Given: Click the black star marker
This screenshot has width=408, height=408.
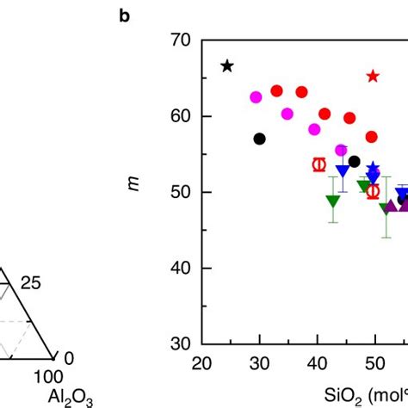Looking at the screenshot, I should tap(227, 66).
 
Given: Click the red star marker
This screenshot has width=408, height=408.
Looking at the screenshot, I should tap(373, 77).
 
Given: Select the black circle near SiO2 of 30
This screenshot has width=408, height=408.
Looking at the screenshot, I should tap(260, 139).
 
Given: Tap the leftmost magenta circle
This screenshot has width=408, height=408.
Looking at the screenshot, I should tap(256, 97).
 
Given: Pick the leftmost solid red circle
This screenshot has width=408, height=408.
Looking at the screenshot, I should tap(277, 90).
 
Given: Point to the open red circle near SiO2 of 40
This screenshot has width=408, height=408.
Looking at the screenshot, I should tap(319, 164).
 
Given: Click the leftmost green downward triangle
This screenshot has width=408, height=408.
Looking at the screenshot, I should tap(333, 201).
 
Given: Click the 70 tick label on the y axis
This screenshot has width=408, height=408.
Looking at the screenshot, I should tap(181, 40).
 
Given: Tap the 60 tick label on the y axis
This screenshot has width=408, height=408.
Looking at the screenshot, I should tap(181, 116).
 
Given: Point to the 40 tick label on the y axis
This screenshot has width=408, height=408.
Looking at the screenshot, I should tap(181, 269).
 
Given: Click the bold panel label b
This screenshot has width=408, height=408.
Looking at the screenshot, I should tap(125, 16).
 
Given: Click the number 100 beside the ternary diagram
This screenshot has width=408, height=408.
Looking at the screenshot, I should tap(50, 376).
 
